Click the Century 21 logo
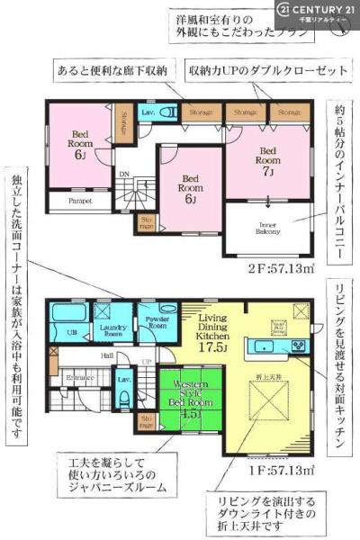click(x=316, y=10)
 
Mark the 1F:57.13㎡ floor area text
click(x=287, y=470)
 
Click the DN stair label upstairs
click(x=126, y=175)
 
